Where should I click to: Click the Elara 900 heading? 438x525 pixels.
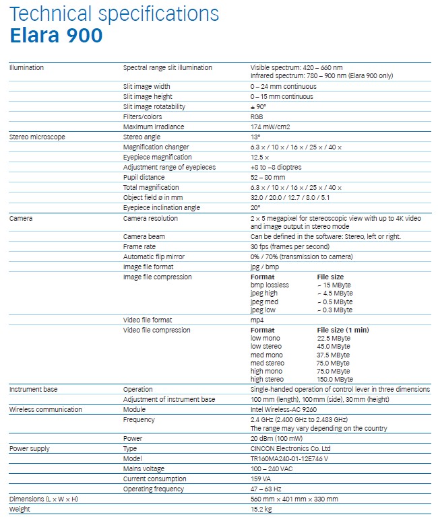(56, 36)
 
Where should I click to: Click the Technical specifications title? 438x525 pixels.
(114, 13)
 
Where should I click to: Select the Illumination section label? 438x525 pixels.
(26, 67)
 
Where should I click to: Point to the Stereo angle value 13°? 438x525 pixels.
(255, 137)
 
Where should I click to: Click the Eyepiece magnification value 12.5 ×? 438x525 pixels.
(260, 157)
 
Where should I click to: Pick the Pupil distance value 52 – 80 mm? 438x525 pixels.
(268, 177)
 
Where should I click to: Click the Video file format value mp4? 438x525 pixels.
(257, 320)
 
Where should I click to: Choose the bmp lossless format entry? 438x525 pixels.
(270, 285)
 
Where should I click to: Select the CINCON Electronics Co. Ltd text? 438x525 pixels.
(289, 448)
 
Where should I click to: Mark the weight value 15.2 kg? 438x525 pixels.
(261, 509)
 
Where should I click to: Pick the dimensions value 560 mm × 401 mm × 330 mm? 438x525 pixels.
(294, 499)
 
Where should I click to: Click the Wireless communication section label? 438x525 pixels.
(45, 409)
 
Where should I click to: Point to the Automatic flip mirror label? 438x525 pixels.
(153, 256)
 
